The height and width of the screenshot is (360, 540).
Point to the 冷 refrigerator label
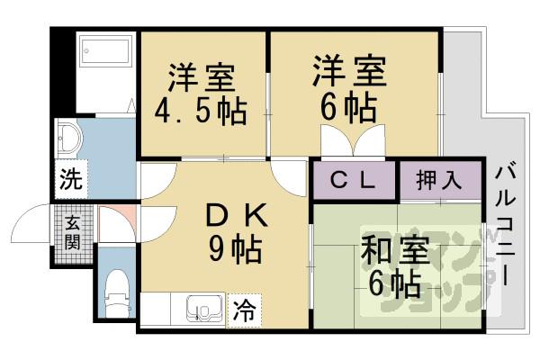point(244,311)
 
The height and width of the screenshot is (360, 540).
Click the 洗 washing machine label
point(69,178)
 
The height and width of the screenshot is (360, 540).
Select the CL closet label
point(353,180)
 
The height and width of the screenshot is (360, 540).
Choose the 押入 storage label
point(439,180)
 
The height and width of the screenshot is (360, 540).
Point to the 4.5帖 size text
point(203,112)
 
